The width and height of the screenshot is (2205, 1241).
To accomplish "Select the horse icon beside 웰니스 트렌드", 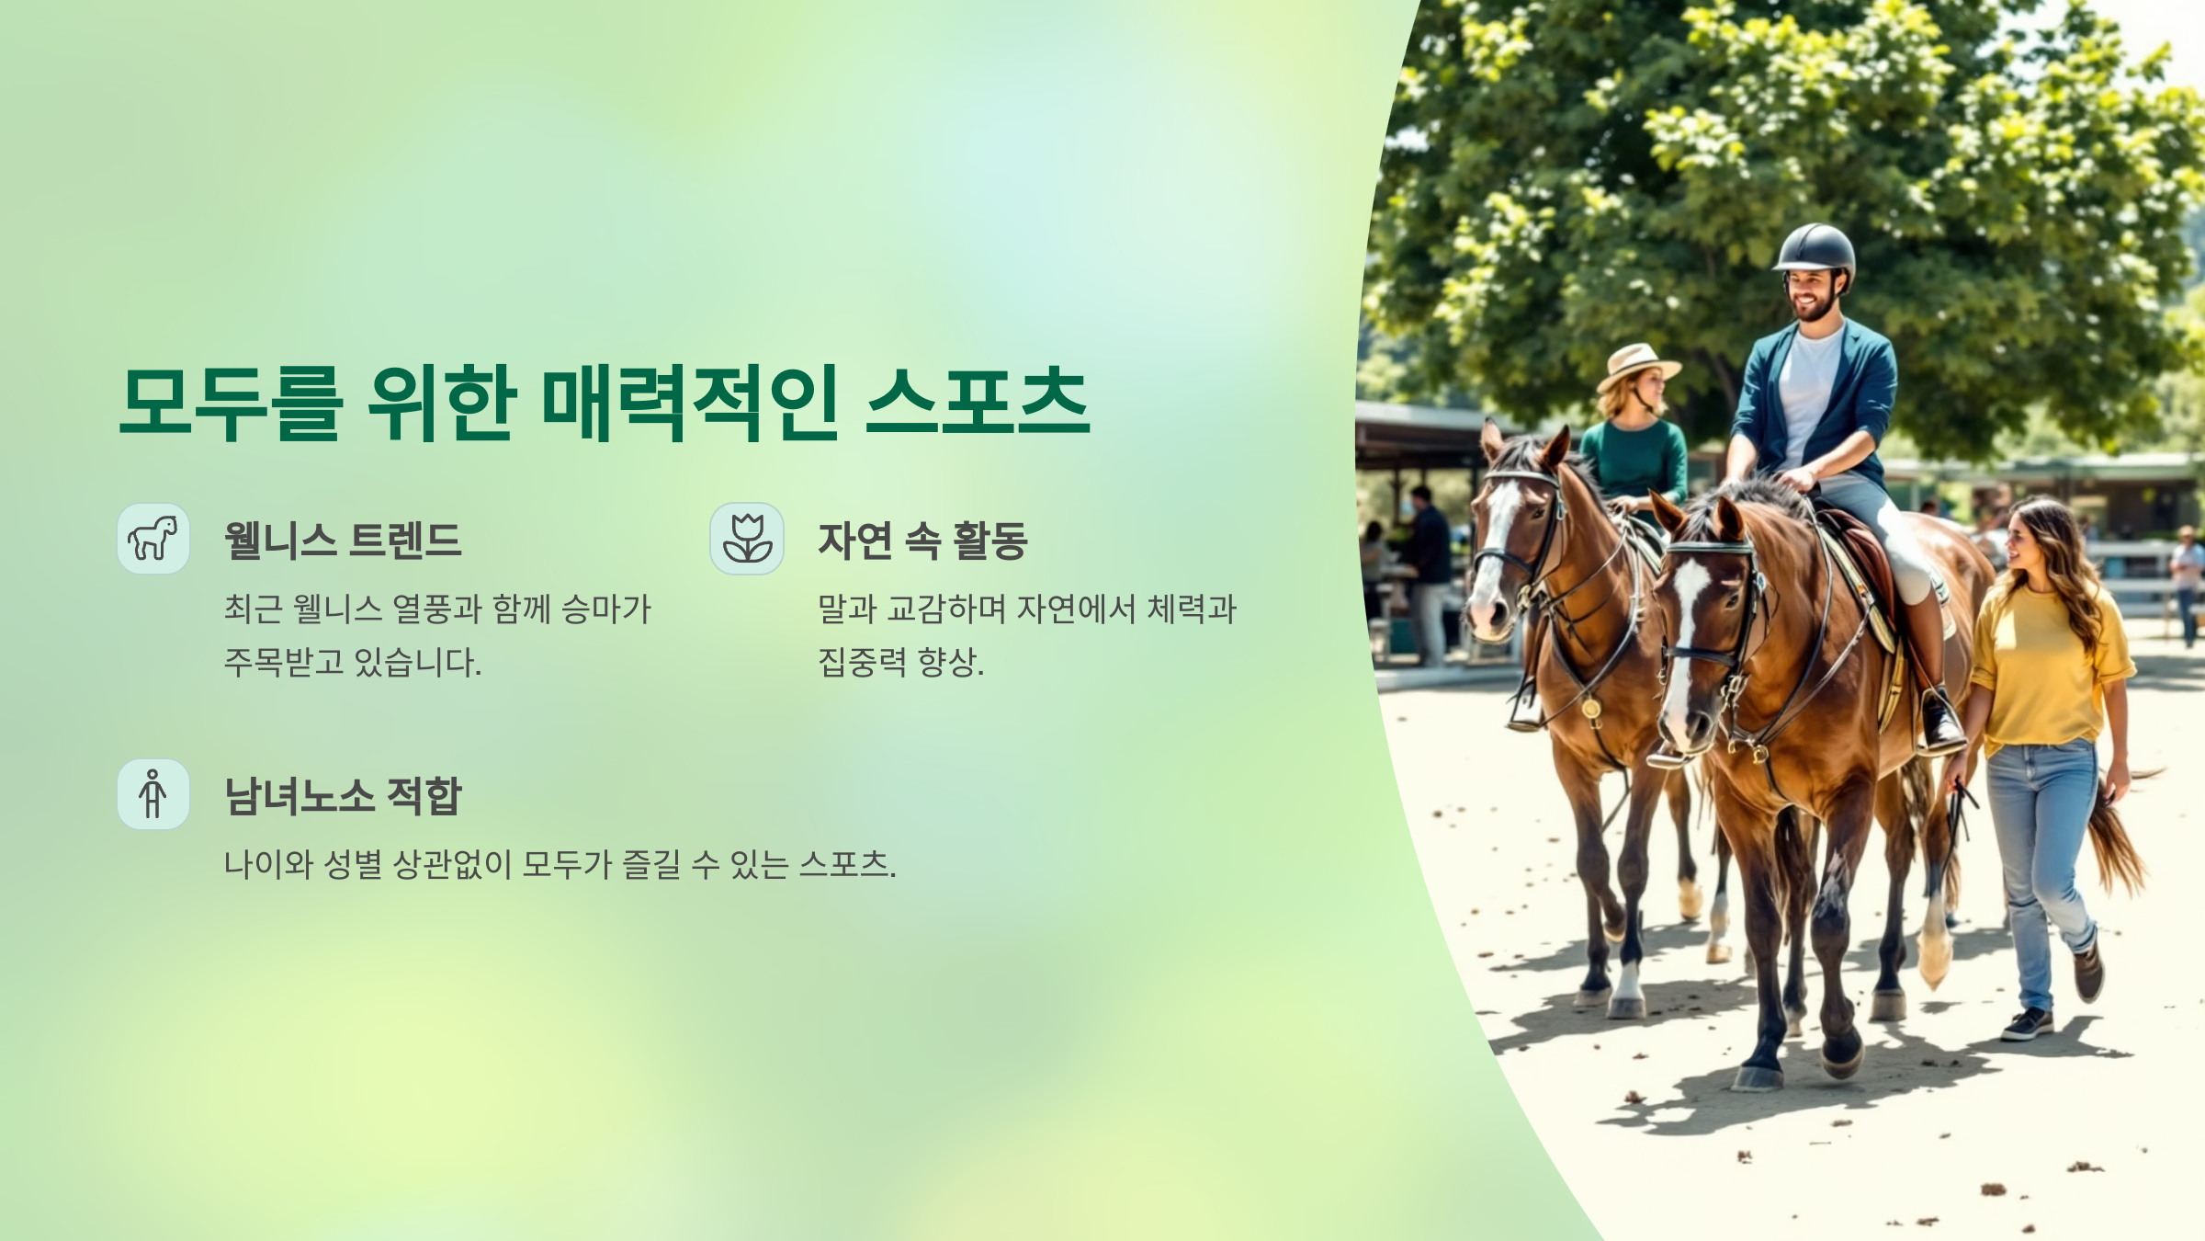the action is [x=153, y=539].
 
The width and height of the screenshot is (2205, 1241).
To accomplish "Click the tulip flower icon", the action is [x=747, y=539].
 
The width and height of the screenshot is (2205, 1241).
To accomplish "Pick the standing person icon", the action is [x=153, y=794].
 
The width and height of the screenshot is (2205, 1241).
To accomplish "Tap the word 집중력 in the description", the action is [x=862, y=662].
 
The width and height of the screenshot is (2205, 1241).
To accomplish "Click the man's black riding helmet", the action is [x=1815, y=250].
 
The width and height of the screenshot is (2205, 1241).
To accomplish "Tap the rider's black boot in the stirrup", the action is [x=1940, y=721].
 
